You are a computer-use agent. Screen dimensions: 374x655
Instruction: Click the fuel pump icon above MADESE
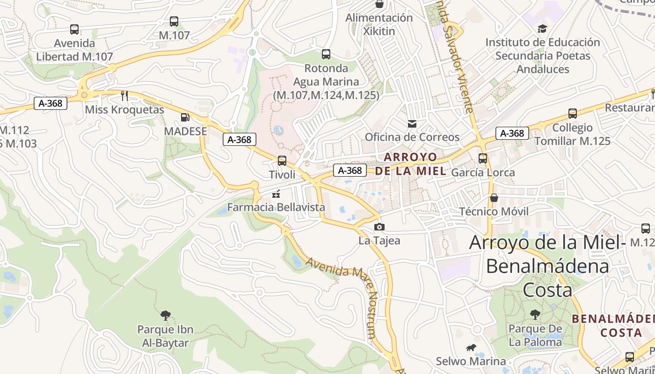coord(185,117)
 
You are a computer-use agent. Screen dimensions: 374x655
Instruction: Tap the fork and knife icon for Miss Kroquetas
coord(124,96)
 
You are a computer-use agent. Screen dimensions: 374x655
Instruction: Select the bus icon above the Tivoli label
coord(282,161)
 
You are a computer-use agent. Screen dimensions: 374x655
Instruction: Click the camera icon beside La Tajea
coord(379,227)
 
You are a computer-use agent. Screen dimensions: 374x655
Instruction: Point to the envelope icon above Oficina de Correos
coord(412,124)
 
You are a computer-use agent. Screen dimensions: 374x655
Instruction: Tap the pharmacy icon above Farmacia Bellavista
coord(276,194)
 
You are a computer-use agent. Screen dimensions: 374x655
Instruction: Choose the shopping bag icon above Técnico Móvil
coord(494,198)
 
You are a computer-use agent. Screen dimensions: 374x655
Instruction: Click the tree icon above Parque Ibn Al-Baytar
coord(165,316)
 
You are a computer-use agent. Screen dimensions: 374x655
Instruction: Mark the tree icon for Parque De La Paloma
coord(535,315)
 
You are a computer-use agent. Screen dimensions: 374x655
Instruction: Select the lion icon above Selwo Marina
coord(471,348)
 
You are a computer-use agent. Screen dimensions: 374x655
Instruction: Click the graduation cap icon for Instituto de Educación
coord(542,29)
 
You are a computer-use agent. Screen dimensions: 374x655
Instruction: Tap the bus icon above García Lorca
coord(483,158)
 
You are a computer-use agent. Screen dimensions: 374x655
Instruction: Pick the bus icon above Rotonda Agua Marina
coord(326,54)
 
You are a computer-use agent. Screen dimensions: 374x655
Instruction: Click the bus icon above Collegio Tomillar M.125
coord(572,114)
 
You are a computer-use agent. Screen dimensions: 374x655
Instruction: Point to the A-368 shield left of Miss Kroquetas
coord(51,103)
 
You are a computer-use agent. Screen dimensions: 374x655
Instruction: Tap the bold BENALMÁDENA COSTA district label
coord(613,326)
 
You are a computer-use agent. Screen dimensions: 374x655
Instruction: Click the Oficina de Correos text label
coord(412,137)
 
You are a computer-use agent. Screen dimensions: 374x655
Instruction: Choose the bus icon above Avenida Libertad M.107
coord(74,29)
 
